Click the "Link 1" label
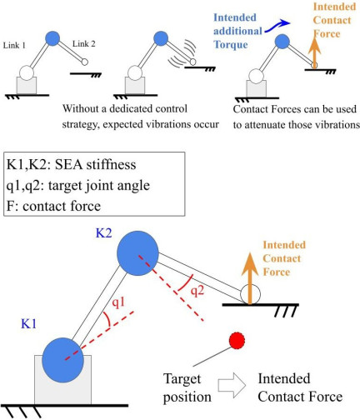coord(14,45)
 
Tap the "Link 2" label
coord(83,44)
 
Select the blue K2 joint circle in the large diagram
coord(137,253)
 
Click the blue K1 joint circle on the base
coord(62,360)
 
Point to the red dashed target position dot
coord(237,341)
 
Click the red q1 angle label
coord(118,302)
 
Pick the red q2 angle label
coord(197,291)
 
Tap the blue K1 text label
coord(28,324)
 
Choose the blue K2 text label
coord(103,232)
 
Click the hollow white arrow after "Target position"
coord(232,385)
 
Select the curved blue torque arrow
coord(277,26)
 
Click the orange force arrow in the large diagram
coord(250,278)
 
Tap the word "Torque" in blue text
coord(231,44)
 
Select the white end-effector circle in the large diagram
coord(250,294)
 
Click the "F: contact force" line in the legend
coord(53,206)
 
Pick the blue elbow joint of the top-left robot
coord(52,38)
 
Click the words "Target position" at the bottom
coord(187,387)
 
